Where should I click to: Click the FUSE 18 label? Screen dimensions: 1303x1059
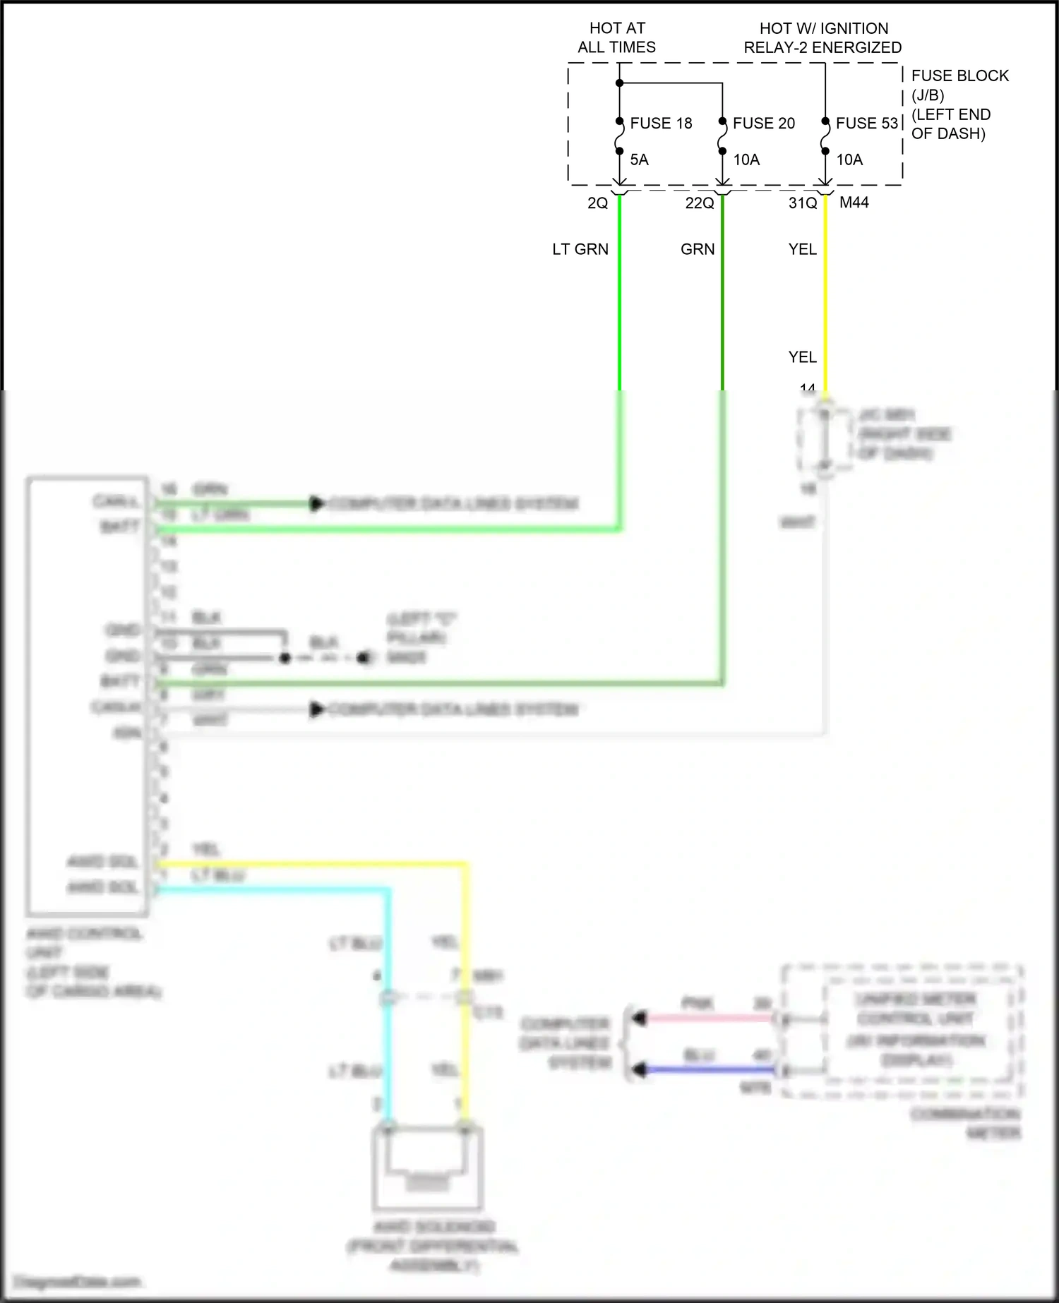coord(661,124)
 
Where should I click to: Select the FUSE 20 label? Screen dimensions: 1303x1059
coord(763,124)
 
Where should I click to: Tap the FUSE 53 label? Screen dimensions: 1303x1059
coord(866,124)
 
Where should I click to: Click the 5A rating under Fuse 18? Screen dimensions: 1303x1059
coord(639,160)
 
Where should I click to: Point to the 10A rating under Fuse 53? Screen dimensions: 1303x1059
coord(849,160)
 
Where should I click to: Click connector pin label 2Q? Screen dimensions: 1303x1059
coord(597,203)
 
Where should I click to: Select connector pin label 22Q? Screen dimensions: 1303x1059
coord(700,203)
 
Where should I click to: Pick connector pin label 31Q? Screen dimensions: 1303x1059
coord(803,203)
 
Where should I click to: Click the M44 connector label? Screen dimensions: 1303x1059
coord(854,203)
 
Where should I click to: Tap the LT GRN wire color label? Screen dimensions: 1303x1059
coord(580,249)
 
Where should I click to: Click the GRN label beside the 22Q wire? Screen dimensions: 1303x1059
coord(698,249)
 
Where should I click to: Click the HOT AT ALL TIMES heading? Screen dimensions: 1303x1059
coord(616,37)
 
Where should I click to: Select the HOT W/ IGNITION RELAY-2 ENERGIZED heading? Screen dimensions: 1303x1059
coord(822,38)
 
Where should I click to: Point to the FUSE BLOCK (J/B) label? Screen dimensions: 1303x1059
coord(959,85)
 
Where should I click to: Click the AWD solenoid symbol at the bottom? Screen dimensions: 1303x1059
coord(428,1167)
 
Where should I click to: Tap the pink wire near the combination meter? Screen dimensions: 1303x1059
coord(706,1019)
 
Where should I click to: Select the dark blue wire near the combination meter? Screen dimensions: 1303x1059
coord(706,1070)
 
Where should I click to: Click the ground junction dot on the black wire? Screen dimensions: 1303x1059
coord(285,658)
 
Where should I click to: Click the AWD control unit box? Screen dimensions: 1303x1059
coord(87,695)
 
